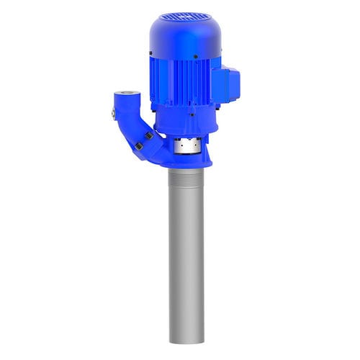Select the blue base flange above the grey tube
[186, 163]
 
